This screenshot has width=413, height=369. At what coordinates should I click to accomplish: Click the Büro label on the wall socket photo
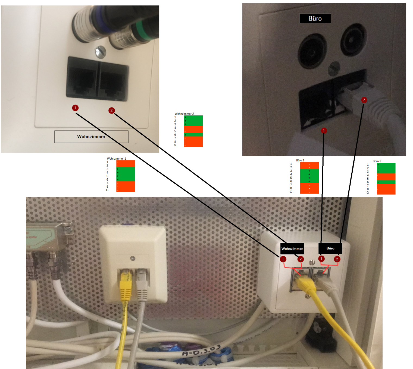click(315, 18)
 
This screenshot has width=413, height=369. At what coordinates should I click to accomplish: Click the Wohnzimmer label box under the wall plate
click(91, 137)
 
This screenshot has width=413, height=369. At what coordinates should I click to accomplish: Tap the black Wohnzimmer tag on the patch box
click(292, 248)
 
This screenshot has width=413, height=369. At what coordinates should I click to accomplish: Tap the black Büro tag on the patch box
click(330, 248)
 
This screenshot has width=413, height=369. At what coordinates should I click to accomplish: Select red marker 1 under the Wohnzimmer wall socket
click(75, 108)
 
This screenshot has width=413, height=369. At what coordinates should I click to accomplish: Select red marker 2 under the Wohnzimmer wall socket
click(111, 111)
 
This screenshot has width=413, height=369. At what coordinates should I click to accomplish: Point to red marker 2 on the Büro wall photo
click(364, 100)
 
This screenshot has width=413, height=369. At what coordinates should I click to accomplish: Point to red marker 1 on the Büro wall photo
click(324, 131)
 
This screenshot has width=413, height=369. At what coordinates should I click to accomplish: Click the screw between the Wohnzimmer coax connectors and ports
click(100, 51)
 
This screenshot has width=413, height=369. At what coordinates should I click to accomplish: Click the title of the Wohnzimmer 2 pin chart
click(184, 114)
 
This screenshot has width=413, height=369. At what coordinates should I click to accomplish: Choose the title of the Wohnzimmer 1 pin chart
click(116, 159)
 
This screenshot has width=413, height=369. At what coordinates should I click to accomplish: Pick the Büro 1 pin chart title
click(300, 160)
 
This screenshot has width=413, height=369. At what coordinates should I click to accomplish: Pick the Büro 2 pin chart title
click(377, 161)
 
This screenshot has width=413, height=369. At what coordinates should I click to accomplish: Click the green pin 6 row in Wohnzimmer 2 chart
click(193, 135)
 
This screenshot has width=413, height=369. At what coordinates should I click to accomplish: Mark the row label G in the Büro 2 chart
click(368, 193)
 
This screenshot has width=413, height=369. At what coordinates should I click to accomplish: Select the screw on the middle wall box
click(133, 258)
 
